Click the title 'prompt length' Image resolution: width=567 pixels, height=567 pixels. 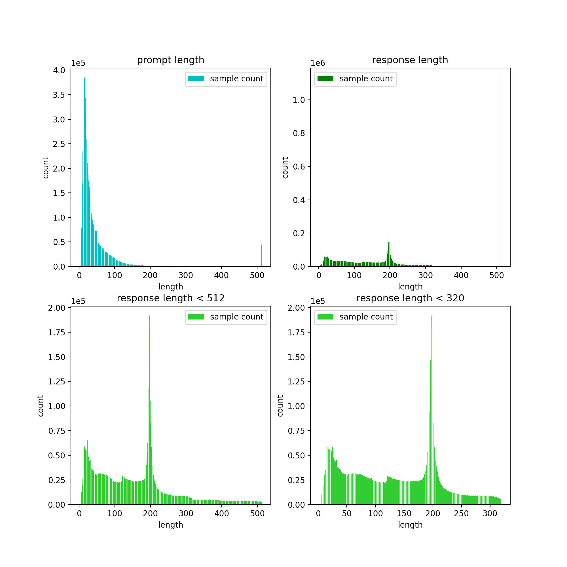170,60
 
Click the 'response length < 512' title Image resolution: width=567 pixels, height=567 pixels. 170,298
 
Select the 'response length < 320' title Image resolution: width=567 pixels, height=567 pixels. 410,298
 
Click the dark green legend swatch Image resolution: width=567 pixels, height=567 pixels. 325,79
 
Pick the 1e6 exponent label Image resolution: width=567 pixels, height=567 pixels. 318,63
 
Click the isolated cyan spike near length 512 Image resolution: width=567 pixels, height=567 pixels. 261,255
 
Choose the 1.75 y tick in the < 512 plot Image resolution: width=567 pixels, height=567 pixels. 57,333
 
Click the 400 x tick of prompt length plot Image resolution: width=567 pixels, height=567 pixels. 221,275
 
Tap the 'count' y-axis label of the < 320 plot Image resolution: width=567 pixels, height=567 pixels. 280,406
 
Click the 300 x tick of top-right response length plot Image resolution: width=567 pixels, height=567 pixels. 426,275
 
